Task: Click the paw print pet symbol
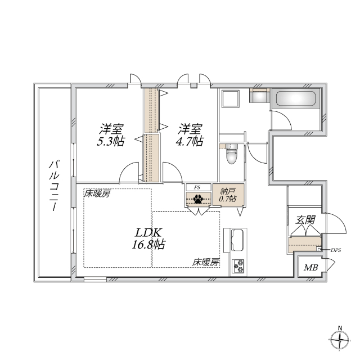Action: tap(199, 199)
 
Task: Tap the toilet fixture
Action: tap(231, 154)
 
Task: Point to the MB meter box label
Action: tap(310, 267)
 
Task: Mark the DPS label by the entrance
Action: tap(336, 250)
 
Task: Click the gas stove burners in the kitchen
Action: tap(238, 264)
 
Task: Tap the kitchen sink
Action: tap(235, 241)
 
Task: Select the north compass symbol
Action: tap(340, 340)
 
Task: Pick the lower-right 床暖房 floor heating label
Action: tap(205, 262)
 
